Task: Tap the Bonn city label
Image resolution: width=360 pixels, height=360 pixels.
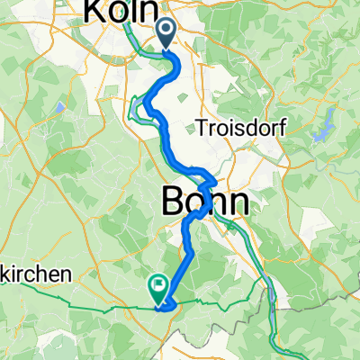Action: (x=204, y=201)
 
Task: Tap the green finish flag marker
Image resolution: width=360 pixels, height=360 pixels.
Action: (x=157, y=287)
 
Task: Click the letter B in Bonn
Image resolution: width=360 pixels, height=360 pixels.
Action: (x=174, y=201)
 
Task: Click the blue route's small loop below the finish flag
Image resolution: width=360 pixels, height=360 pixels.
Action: (x=165, y=308)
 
